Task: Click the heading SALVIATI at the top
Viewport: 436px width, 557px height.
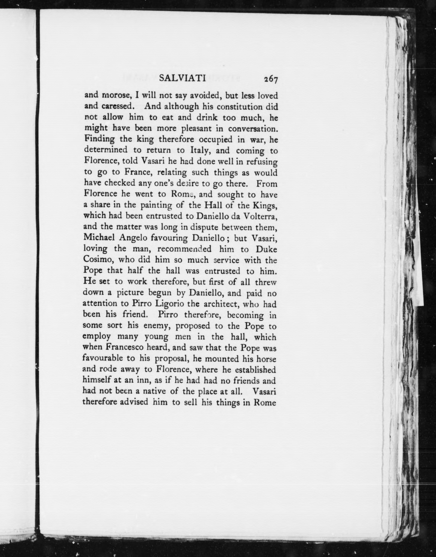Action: click(x=182, y=78)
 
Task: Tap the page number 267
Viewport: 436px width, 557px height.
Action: click(x=271, y=79)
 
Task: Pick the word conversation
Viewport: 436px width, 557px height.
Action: click(x=253, y=128)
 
